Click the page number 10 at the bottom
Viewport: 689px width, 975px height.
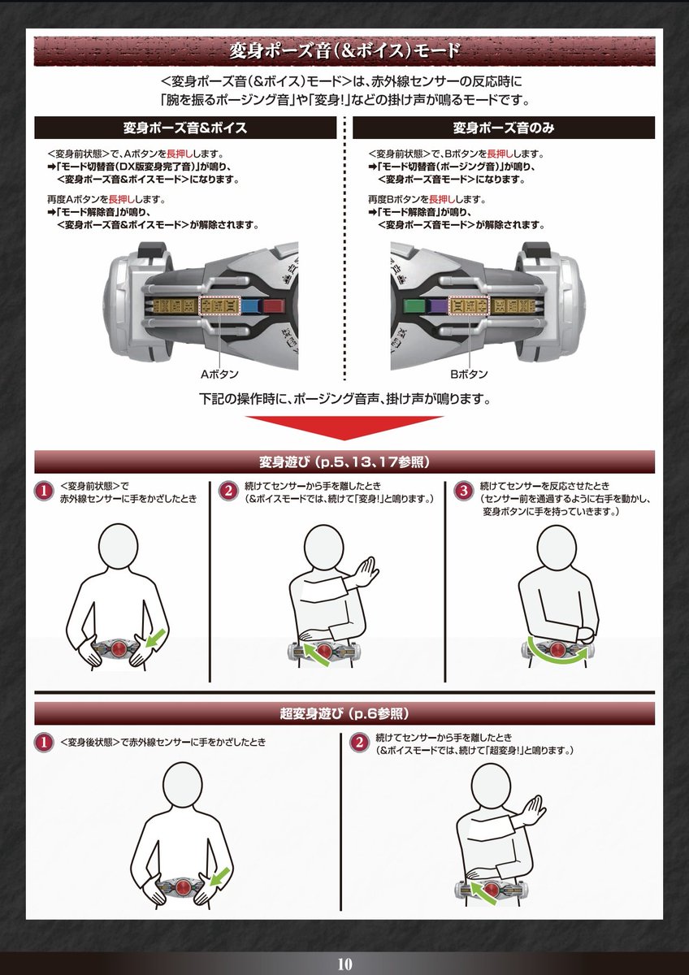(x=344, y=964)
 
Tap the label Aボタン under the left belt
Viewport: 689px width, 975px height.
(x=219, y=375)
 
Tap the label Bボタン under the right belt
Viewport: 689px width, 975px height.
(x=470, y=375)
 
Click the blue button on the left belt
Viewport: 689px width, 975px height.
(x=250, y=306)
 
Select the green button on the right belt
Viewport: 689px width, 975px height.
(x=414, y=306)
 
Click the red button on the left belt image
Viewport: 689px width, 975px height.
(x=272, y=306)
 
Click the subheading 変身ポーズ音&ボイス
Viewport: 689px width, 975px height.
(x=184, y=128)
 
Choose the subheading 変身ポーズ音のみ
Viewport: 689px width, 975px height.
(x=504, y=128)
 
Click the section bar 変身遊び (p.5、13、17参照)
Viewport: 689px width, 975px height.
(x=344, y=461)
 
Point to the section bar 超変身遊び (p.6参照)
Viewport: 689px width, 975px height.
(x=344, y=713)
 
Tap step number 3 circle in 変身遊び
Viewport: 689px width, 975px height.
(x=463, y=491)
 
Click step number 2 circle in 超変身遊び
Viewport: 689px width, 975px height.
(x=358, y=742)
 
